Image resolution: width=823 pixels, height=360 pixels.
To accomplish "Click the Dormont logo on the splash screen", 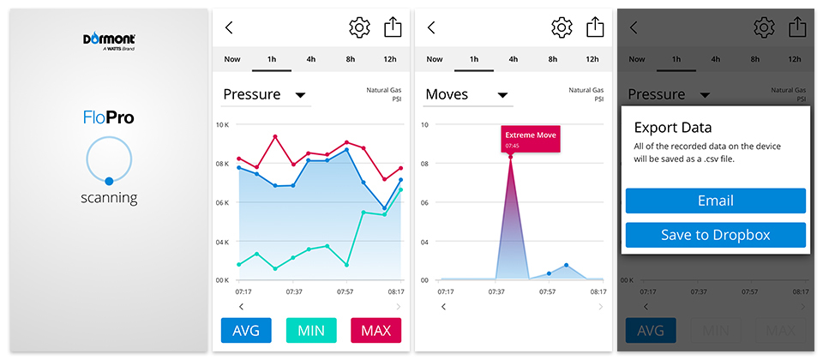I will pyautogui.click(x=108, y=40).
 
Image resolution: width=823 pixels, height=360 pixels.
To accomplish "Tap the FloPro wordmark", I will pyautogui.click(x=108, y=118).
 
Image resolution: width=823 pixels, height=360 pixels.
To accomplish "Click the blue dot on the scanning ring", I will pyautogui.click(x=109, y=181).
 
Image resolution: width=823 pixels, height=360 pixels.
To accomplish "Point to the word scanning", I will pyautogui.click(x=108, y=199).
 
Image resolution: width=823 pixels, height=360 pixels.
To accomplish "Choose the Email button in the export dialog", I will pyautogui.click(x=715, y=201).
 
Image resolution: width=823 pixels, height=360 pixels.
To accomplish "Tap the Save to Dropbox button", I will pyautogui.click(x=715, y=235).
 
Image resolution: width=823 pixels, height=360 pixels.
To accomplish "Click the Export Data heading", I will pyautogui.click(x=673, y=128).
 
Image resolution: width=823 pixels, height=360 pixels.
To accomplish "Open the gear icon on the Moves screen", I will pyautogui.click(x=562, y=27).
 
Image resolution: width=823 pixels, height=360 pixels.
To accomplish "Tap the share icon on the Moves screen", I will pyautogui.click(x=595, y=27).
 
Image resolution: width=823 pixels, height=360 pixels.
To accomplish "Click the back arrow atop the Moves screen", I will pyautogui.click(x=431, y=27).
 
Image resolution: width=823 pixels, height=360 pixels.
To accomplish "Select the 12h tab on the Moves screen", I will pyautogui.click(x=592, y=59).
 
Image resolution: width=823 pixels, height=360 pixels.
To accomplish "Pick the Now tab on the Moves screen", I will pyautogui.click(x=435, y=59).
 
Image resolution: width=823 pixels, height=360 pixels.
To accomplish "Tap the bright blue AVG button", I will pyautogui.click(x=246, y=330).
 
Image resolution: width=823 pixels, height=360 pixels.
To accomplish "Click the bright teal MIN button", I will pyautogui.click(x=310, y=330).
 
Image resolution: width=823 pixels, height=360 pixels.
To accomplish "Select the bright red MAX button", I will pyautogui.click(x=375, y=330).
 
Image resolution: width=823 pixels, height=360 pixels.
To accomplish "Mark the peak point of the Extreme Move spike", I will pyautogui.click(x=511, y=157).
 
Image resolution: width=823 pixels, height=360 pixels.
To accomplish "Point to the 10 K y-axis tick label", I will pyautogui.click(x=220, y=125).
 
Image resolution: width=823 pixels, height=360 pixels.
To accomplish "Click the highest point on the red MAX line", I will pyautogui.click(x=275, y=136).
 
